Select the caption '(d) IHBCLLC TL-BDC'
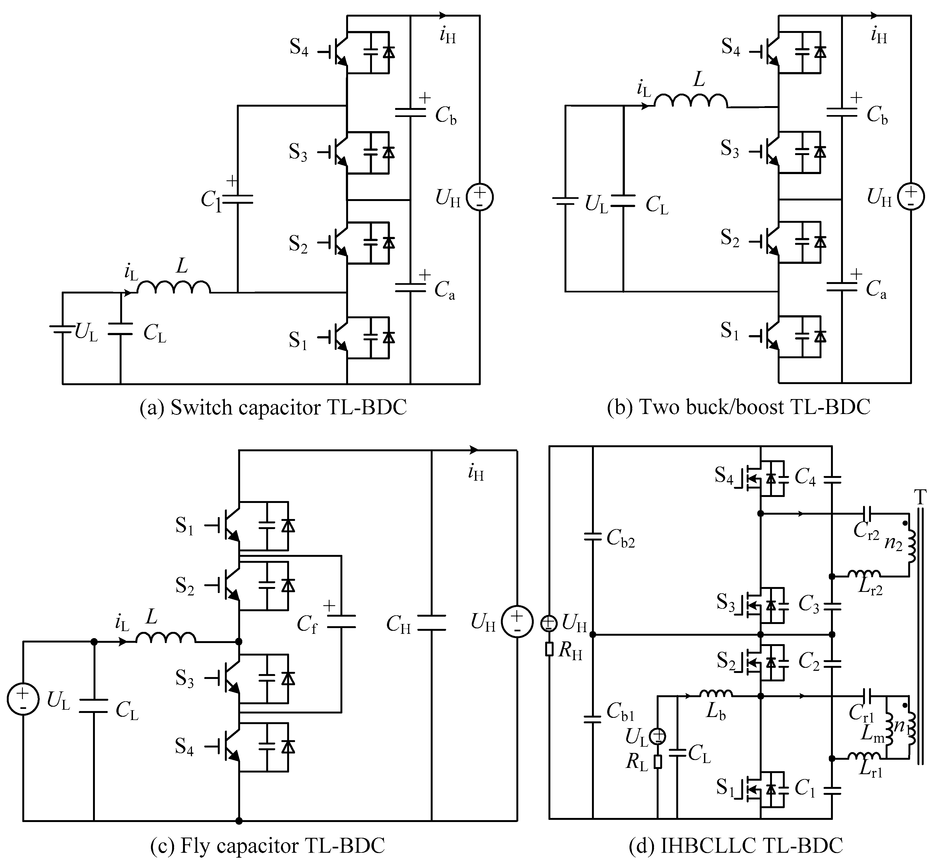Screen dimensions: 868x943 (x=736, y=845)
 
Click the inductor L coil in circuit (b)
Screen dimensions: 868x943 (x=691, y=101)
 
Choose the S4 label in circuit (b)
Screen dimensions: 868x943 (x=730, y=47)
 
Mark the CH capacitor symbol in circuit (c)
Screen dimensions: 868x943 (x=431, y=623)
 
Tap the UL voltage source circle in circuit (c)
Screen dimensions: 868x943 (x=23, y=700)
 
